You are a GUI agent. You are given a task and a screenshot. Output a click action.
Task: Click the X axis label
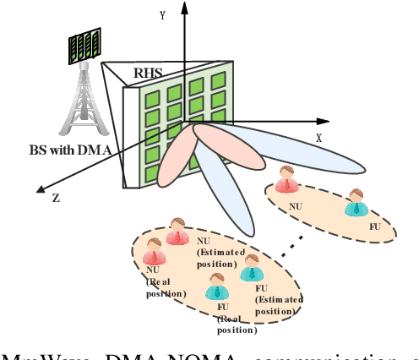coord(318,136)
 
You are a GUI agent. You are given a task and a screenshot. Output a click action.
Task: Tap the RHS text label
coord(147,73)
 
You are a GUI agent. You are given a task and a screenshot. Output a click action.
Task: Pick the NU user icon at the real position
coord(155,253)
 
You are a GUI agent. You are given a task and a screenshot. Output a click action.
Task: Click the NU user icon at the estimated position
coord(177,232)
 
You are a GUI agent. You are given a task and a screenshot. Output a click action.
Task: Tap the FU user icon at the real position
coord(218,287)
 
